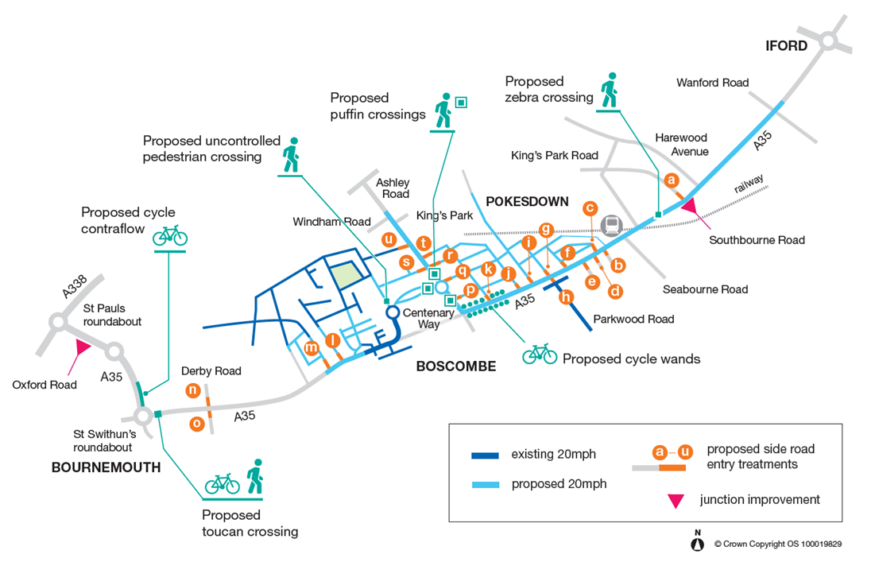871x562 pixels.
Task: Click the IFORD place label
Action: pyautogui.click(x=786, y=45)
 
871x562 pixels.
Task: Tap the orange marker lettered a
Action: pyautogui.click(x=672, y=180)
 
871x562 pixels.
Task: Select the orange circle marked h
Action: pyautogui.click(x=566, y=297)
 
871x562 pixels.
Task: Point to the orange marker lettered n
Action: pyautogui.click(x=193, y=390)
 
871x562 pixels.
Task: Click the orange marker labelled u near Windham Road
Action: pyautogui.click(x=389, y=239)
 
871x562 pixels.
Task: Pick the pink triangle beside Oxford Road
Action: pyautogui.click(x=83, y=348)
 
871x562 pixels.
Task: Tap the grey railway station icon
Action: pyautogui.click(x=612, y=225)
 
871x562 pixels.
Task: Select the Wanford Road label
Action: pyautogui.click(x=712, y=83)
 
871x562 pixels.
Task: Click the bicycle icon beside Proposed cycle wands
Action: pyautogui.click(x=540, y=354)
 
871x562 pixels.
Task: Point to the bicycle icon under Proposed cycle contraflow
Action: pyautogui.click(x=170, y=236)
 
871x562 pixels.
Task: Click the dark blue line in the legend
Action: pyautogui.click(x=485, y=455)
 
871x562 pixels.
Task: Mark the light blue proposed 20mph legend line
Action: pyautogui.click(x=485, y=485)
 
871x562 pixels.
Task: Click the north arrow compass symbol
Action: pyautogui.click(x=697, y=544)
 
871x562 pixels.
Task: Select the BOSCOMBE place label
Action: pyautogui.click(x=456, y=366)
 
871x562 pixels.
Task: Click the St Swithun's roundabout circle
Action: pyautogui.click(x=143, y=415)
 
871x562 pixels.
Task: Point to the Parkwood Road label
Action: pyautogui.click(x=634, y=319)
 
